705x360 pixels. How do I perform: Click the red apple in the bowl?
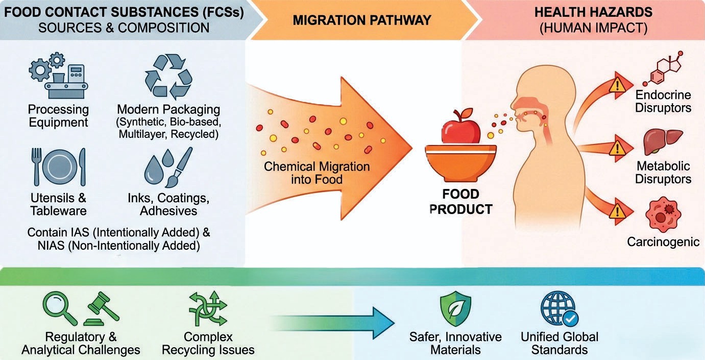pos(460,127)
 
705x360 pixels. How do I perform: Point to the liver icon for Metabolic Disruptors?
pos(663,141)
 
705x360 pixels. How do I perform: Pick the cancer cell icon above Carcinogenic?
pos(663,214)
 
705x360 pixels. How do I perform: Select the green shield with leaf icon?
pos(455,308)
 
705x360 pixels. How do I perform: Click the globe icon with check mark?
pos(558,308)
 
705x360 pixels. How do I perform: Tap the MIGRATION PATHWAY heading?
pos(362,20)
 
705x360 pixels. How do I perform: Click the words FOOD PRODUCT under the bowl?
pos(460,201)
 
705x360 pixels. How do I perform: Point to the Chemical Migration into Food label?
pos(317,173)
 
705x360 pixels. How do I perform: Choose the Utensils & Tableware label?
pos(58,204)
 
